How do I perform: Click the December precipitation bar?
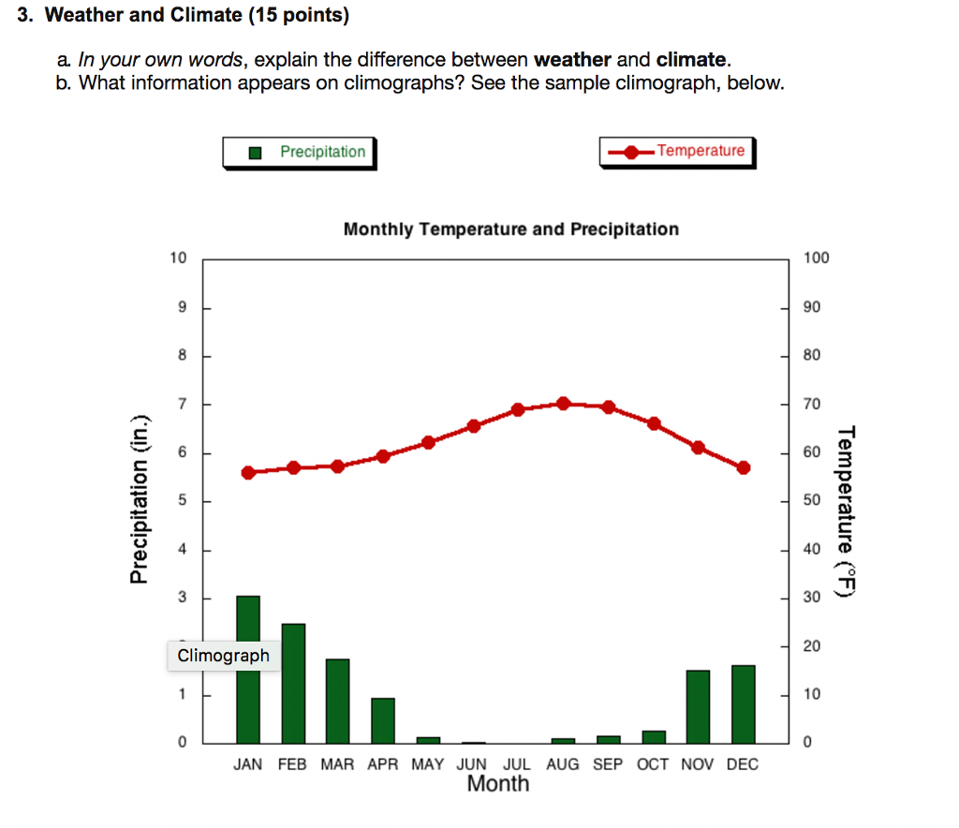coord(744,703)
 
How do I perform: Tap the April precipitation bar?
coord(383,720)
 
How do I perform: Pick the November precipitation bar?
coord(699,706)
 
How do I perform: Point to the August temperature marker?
coord(563,404)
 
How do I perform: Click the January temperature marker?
coord(248,472)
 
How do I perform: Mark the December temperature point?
coord(744,467)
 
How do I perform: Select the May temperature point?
coord(428,442)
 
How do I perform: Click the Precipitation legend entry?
coord(299,152)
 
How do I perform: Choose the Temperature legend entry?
coord(677,151)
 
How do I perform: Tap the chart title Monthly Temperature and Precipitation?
coord(510,229)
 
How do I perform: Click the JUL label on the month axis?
coord(517,764)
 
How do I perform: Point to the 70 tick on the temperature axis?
coord(811,404)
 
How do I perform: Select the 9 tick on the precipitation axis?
coord(182,307)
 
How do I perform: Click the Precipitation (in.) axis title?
coord(140,499)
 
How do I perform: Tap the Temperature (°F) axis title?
coord(847,510)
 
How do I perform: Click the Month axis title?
coord(498,784)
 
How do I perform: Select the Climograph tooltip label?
coord(224,656)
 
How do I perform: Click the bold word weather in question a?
coord(572,60)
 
